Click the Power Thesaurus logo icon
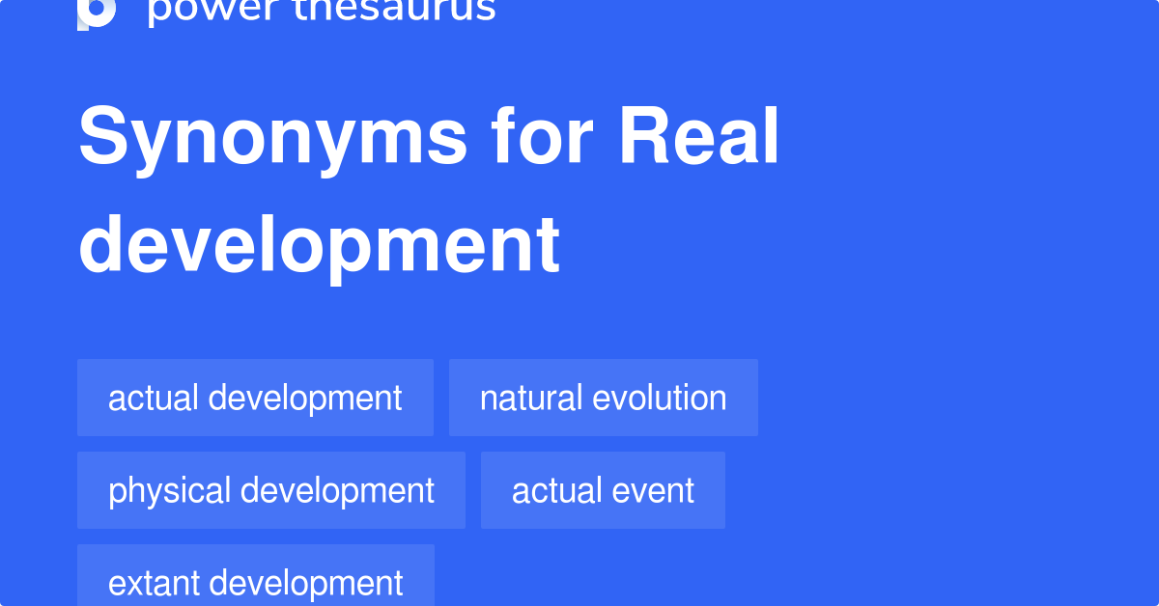(x=97, y=12)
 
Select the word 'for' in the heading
(x=542, y=139)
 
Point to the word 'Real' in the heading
(x=698, y=139)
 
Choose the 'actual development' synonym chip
(x=255, y=398)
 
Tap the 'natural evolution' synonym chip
(x=603, y=398)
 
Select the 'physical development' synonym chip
(x=270, y=490)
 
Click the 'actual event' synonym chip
(x=603, y=490)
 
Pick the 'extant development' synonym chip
(x=255, y=582)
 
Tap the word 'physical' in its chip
(x=170, y=490)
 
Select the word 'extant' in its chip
(x=154, y=583)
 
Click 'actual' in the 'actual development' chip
(x=154, y=398)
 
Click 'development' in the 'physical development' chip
(x=337, y=490)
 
